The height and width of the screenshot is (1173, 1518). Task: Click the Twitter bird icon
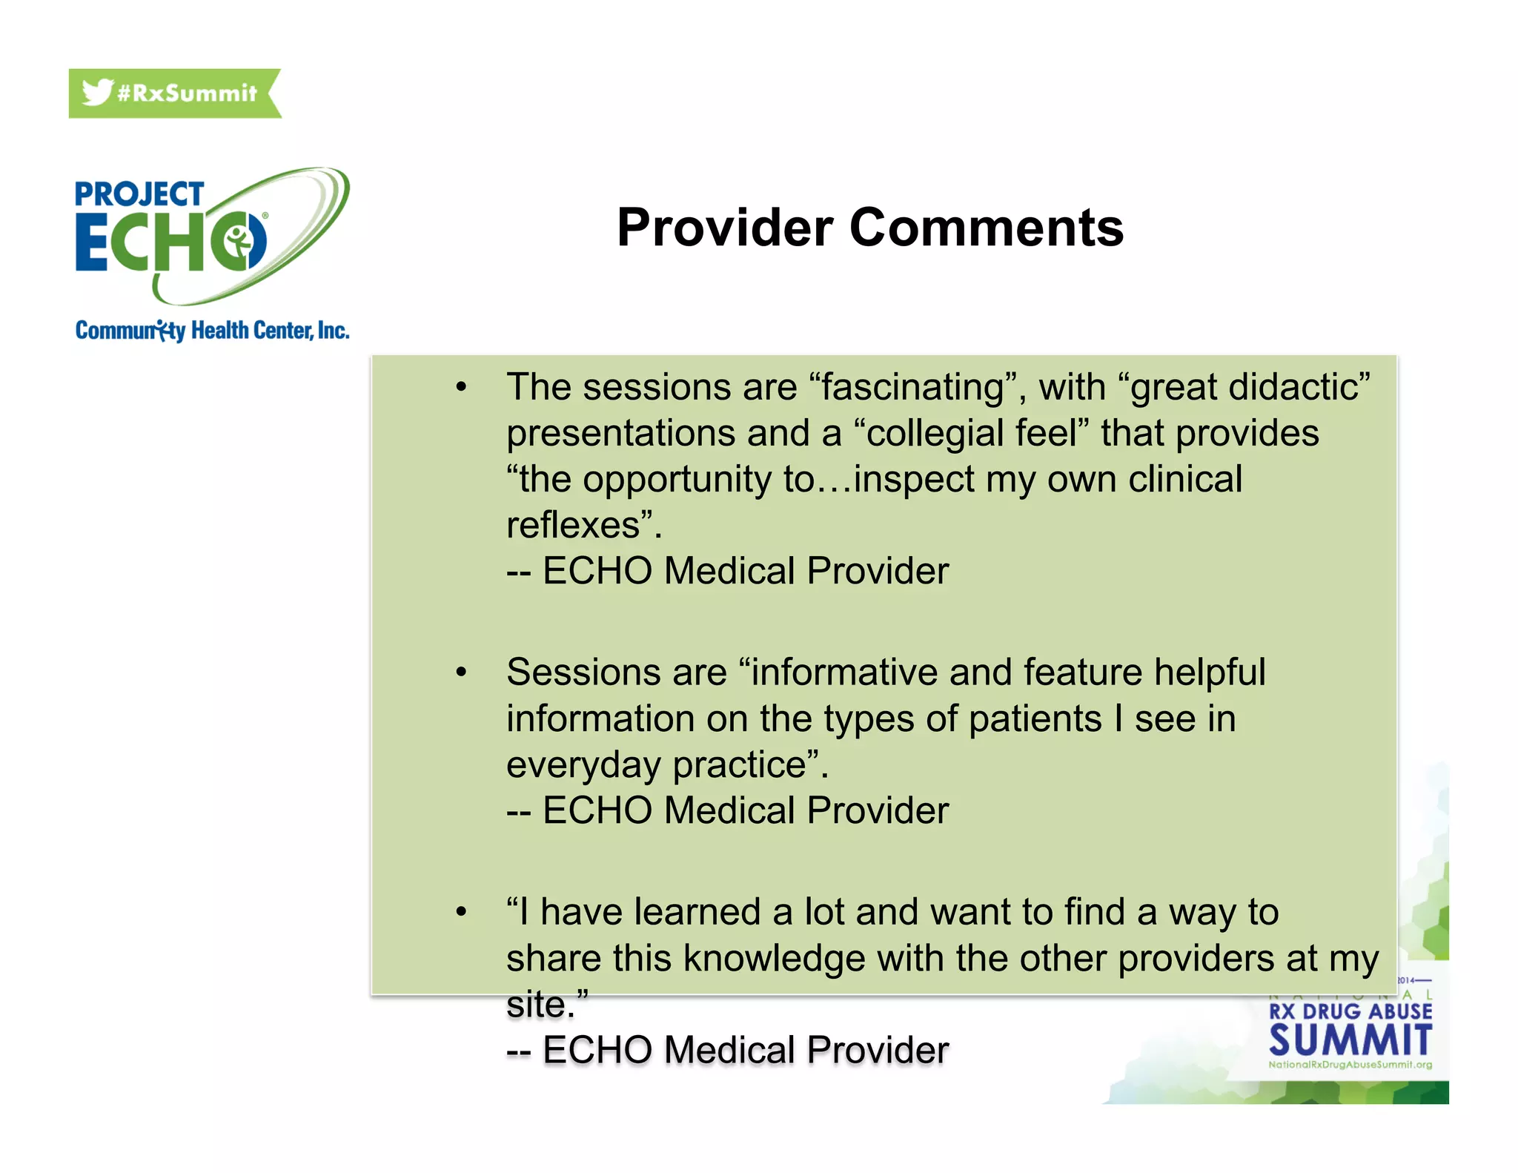click(96, 93)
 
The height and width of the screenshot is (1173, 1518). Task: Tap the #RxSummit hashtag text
click(187, 93)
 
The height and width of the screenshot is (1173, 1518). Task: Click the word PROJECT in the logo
click(139, 195)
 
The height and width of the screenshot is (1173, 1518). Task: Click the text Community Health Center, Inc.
click(212, 331)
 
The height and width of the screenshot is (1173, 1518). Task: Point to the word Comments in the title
click(986, 228)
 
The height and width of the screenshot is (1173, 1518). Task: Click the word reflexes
click(573, 526)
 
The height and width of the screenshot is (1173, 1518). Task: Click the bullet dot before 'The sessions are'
click(461, 387)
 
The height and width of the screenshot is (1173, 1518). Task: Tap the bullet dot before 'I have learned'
click(461, 912)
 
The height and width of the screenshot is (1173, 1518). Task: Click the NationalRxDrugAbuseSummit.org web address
click(1350, 1065)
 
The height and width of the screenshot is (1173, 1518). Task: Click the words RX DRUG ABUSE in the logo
click(1350, 1011)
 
